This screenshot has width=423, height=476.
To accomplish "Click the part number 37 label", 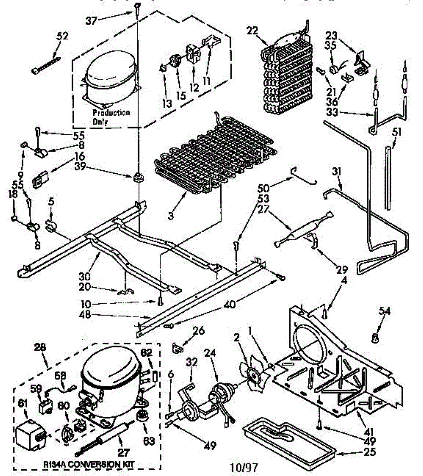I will coord(91,21).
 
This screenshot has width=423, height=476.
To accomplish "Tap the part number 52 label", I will coord(62,36).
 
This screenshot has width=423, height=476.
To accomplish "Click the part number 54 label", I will coord(384,311).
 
